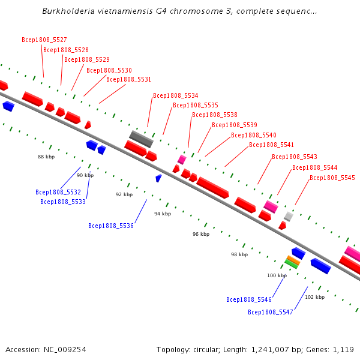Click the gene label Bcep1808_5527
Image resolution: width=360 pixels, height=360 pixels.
[44, 40]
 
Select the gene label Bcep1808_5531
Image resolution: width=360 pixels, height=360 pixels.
[128, 79]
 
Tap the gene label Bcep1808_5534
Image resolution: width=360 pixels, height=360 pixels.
[175, 95]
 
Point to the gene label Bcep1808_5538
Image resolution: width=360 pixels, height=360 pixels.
[214, 115]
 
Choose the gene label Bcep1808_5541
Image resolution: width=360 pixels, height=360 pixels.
[271, 145]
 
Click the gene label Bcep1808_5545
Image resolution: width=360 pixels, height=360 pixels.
[332, 178]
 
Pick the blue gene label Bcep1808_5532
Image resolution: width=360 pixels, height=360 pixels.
[58, 192]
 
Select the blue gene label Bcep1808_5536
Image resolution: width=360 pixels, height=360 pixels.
[111, 226]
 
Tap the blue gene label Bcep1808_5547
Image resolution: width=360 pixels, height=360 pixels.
[271, 312]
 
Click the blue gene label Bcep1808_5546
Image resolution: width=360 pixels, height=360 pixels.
[249, 299]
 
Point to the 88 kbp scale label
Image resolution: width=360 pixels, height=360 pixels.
[46, 157]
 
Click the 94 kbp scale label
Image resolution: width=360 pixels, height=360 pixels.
[163, 214]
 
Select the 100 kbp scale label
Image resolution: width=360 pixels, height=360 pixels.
[277, 275]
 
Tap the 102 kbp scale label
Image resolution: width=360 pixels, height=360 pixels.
[314, 297]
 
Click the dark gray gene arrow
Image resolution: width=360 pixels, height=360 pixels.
[142, 139]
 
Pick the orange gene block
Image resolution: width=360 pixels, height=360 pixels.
[293, 259]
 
